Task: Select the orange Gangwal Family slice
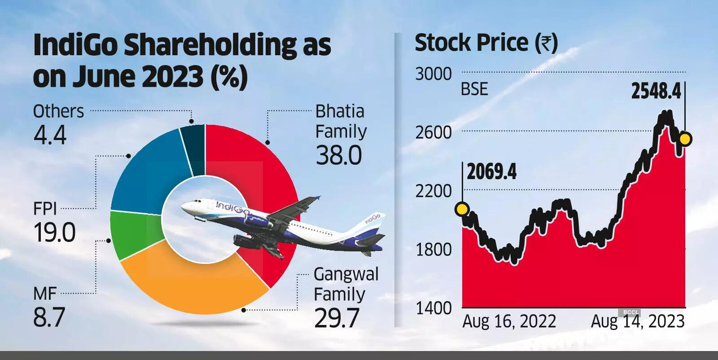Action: click(193, 287)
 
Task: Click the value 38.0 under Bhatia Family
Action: click(339, 156)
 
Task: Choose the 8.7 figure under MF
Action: click(49, 317)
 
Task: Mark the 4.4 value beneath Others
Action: click(50, 135)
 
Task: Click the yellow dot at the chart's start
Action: click(462, 209)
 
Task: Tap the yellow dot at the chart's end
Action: click(685, 139)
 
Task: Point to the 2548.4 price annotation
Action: click(656, 91)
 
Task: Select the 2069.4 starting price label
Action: click(492, 172)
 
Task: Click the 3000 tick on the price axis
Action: click(433, 74)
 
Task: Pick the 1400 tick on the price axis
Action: click(433, 308)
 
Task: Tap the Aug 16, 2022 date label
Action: click(509, 321)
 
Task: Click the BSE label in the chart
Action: click(474, 89)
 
